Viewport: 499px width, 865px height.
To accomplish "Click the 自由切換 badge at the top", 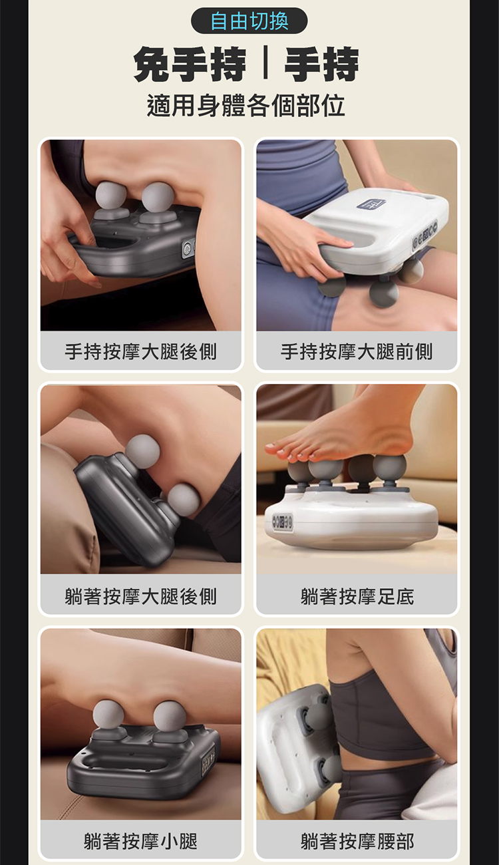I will (249, 21).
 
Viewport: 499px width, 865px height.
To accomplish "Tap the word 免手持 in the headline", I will (190, 65).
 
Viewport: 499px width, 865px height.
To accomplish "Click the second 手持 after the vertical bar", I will (321, 65).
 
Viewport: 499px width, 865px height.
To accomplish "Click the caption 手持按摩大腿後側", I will (140, 351).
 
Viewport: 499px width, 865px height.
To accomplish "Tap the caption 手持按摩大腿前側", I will (357, 351).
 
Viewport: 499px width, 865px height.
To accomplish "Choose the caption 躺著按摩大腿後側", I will (140, 596).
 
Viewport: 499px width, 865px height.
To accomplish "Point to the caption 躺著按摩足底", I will (357, 596).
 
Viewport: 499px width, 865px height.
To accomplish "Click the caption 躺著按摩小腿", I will (140, 841).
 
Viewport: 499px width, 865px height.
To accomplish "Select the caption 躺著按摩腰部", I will (357, 841).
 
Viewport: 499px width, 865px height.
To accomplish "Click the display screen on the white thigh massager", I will (371, 204).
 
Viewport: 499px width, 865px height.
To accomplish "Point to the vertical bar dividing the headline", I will (265, 65).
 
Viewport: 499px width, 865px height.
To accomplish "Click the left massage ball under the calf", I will (108, 715).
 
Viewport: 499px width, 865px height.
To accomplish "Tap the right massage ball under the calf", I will (170, 715).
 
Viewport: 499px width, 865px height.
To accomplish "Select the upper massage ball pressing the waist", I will (319, 714).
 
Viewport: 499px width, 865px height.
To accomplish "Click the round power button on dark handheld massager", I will (187, 250).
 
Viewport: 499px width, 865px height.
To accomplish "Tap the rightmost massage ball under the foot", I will (389, 467).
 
